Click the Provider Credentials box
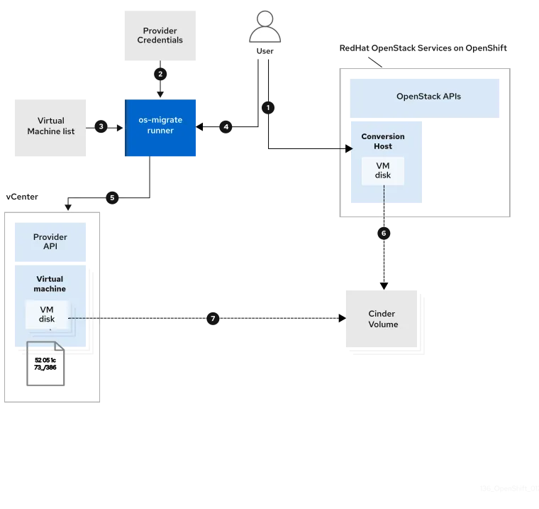pyautogui.click(x=160, y=35)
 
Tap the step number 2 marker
pyautogui.click(x=160, y=74)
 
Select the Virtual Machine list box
pyautogui.click(x=51, y=126)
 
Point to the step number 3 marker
pyautogui.click(x=101, y=126)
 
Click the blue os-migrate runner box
pyautogui.click(x=161, y=126)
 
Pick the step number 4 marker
pyautogui.click(x=226, y=127)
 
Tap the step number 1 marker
pyautogui.click(x=268, y=108)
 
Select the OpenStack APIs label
pyautogui.click(x=428, y=96)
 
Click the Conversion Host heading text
pyautogui.click(x=383, y=141)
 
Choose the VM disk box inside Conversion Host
pyautogui.click(x=383, y=171)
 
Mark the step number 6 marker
pyautogui.click(x=384, y=233)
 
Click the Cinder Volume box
pyautogui.click(x=383, y=319)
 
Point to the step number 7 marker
pyautogui.click(x=212, y=319)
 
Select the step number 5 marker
pyautogui.click(x=111, y=197)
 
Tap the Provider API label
pyautogui.click(x=50, y=241)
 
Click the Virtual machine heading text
pyautogui.click(x=50, y=284)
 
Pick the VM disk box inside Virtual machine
pyautogui.click(x=47, y=314)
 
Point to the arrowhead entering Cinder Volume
pyautogui.click(x=343, y=319)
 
